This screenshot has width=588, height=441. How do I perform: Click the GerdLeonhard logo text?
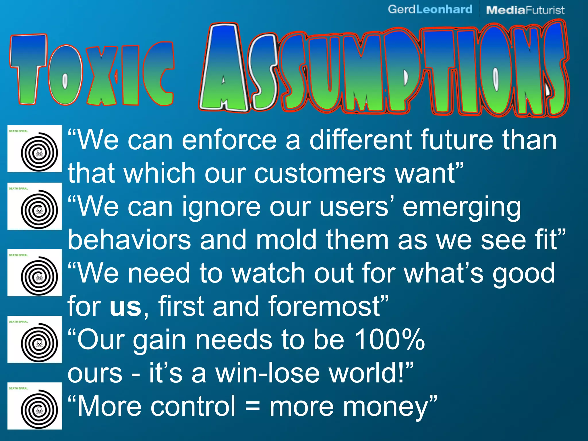(430, 9)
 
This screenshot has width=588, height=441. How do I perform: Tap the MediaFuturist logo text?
(525, 10)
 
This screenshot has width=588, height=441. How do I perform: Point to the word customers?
(320, 174)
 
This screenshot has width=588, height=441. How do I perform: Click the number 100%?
(390, 340)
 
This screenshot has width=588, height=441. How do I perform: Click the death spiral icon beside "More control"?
(35, 406)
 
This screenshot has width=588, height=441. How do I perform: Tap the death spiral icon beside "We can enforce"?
(35, 149)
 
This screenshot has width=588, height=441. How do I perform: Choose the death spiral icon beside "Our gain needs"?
(35, 339)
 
